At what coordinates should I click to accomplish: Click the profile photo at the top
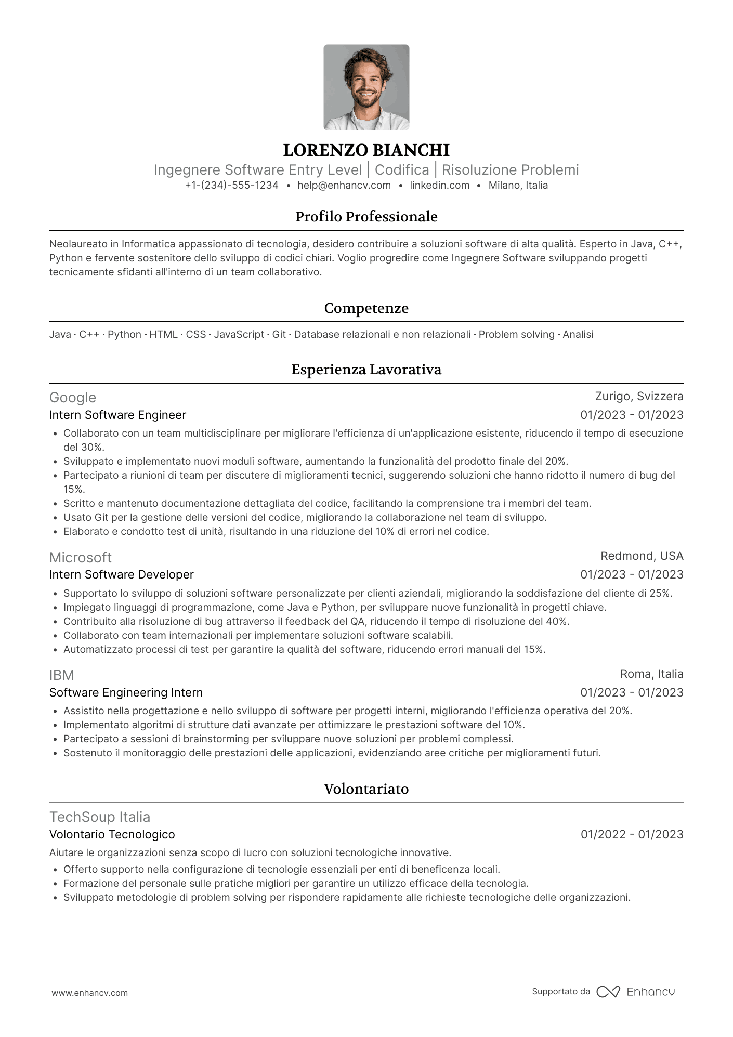(x=366, y=87)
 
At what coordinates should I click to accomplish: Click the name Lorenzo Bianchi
(x=366, y=150)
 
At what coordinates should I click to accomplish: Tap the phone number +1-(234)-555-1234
(x=231, y=186)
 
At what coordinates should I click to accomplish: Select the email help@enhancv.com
(x=344, y=186)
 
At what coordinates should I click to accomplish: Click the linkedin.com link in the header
(x=439, y=186)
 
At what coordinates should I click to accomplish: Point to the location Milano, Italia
(x=518, y=186)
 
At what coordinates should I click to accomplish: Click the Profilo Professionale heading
(x=366, y=217)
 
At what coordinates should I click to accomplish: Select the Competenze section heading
(x=366, y=308)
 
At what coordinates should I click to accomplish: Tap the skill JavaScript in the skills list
(x=239, y=335)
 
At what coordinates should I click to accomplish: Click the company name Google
(x=73, y=398)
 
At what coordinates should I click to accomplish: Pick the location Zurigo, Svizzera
(x=639, y=397)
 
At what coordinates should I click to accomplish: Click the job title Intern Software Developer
(x=121, y=575)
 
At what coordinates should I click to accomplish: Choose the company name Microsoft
(x=81, y=558)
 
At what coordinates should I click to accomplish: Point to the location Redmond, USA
(x=642, y=556)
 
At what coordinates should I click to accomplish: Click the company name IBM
(x=62, y=675)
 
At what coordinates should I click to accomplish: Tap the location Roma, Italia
(x=651, y=674)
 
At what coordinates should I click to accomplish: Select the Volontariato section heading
(x=366, y=789)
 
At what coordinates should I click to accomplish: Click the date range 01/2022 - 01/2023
(x=632, y=835)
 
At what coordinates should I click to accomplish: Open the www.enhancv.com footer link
(x=89, y=993)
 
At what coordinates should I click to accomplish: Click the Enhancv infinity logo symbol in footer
(x=608, y=992)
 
